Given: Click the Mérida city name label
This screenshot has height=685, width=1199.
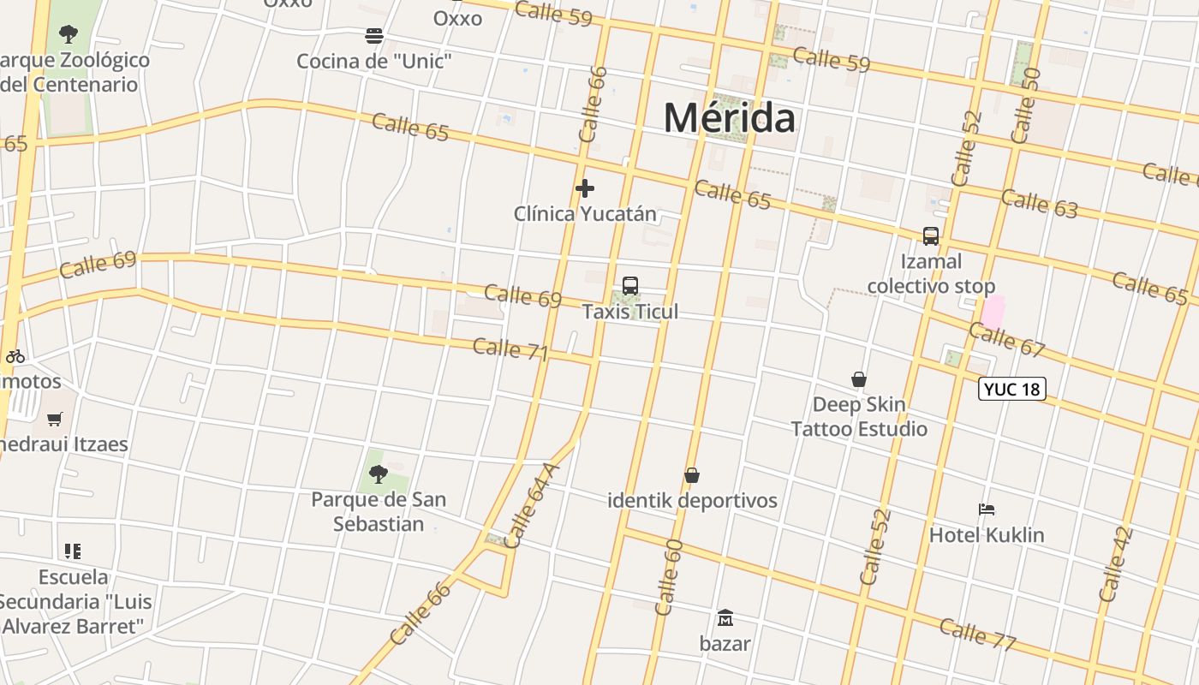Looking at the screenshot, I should click(x=729, y=117).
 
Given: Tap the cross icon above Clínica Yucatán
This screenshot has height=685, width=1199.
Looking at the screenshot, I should click(x=585, y=188).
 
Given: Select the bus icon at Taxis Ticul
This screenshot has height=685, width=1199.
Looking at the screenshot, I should click(x=630, y=286).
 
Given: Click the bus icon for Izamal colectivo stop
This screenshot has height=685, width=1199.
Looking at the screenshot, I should click(x=931, y=236).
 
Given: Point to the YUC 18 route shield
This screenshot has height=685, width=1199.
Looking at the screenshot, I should click(x=1011, y=389).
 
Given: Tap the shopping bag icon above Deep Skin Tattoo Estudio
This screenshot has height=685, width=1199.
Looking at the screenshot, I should click(x=859, y=379).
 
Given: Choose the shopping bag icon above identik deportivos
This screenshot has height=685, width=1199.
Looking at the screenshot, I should click(x=692, y=475).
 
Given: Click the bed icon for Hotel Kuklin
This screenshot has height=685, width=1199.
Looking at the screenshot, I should click(x=987, y=509).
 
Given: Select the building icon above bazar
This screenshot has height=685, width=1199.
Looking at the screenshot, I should click(x=725, y=617).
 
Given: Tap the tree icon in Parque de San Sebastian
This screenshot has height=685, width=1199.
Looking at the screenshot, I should click(x=378, y=474).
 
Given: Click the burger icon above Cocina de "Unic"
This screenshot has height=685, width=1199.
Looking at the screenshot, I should click(x=374, y=36).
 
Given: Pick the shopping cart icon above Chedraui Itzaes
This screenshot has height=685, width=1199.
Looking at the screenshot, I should click(x=55, y=419).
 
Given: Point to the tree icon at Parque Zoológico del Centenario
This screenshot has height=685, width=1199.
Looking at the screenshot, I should click(x=69, y=34).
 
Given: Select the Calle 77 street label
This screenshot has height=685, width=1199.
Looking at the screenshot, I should click(x=977, y=634).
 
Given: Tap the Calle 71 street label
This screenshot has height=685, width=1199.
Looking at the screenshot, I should click(x=510, y=349).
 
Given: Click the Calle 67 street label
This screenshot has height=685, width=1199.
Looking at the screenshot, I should click(x=1007, y=339).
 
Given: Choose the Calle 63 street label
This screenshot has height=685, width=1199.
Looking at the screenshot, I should click(x=1039, y=204).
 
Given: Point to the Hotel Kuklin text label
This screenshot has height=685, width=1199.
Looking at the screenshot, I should click(x=987, y=535).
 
